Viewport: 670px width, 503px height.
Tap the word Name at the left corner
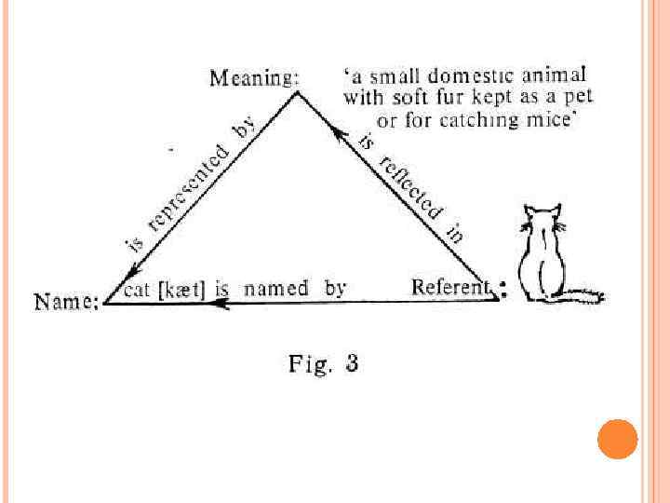pos(64,302)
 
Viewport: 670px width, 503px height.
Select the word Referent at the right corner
pos(451,288)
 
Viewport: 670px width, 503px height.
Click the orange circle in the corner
pos(617,439)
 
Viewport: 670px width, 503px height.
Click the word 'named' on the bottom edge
pos(275,289)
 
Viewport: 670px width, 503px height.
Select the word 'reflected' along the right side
pos(409,188)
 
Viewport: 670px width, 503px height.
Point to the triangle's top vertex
pos(297,91)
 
